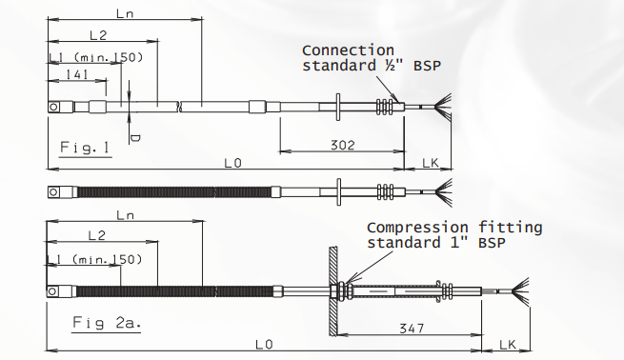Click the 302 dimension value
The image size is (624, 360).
[x=342, y=145]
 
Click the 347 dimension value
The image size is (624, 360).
[x=412, y=329]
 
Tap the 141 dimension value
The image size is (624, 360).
[x=77, y=74]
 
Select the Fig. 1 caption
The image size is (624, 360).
[x=85, y=148]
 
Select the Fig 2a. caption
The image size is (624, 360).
[x=107, y=322]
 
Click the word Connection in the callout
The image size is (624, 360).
[x=348, y=50]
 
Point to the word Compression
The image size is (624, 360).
[x=417, y=228]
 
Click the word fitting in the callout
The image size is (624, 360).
[x=511, y=227]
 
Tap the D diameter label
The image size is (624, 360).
[x=135, y=138]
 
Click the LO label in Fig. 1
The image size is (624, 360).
[x=232, y=163]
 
